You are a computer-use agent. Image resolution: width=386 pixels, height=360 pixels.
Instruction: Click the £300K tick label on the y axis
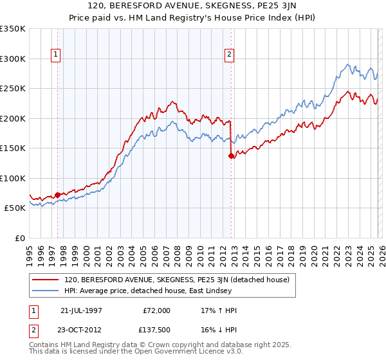click(13, 59)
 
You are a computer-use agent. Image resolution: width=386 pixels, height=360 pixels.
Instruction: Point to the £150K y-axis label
click(13, 148)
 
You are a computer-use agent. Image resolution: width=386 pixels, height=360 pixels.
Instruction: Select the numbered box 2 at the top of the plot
click(230, 55)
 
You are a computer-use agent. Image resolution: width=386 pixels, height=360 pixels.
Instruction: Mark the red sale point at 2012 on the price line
click(231, 156)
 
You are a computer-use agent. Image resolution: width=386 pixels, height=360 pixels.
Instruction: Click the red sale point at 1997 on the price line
click(58, 195)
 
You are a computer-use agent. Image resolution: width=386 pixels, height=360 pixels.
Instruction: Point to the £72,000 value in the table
click(156, 310)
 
